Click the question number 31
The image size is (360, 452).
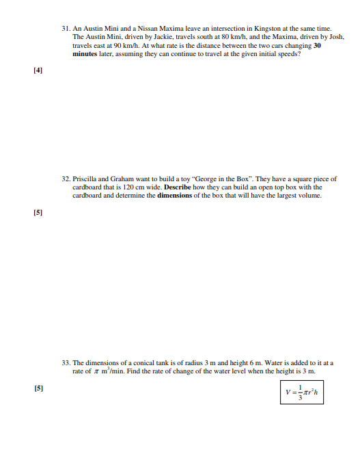pos(66,29)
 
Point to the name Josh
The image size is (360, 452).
pos(337,37)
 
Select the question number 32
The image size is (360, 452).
pos(66,178)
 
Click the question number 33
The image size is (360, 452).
pos(66,363)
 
